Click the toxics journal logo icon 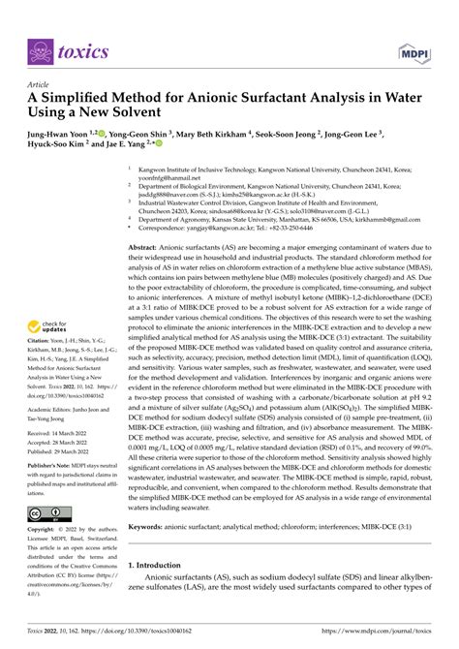click(x=42, y=50)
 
